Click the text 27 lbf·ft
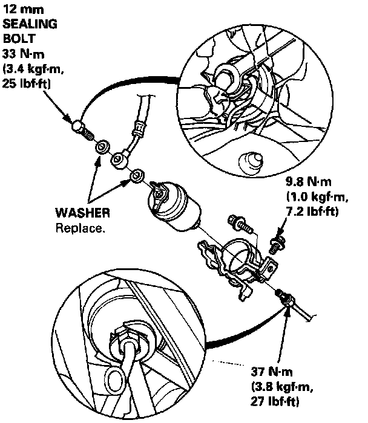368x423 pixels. pyautogui.click(x=275, y=401)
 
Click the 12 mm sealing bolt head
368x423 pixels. pyautogui.click(x=77, y=128)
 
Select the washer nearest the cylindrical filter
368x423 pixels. pyautogui.click(x=137, y=176)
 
